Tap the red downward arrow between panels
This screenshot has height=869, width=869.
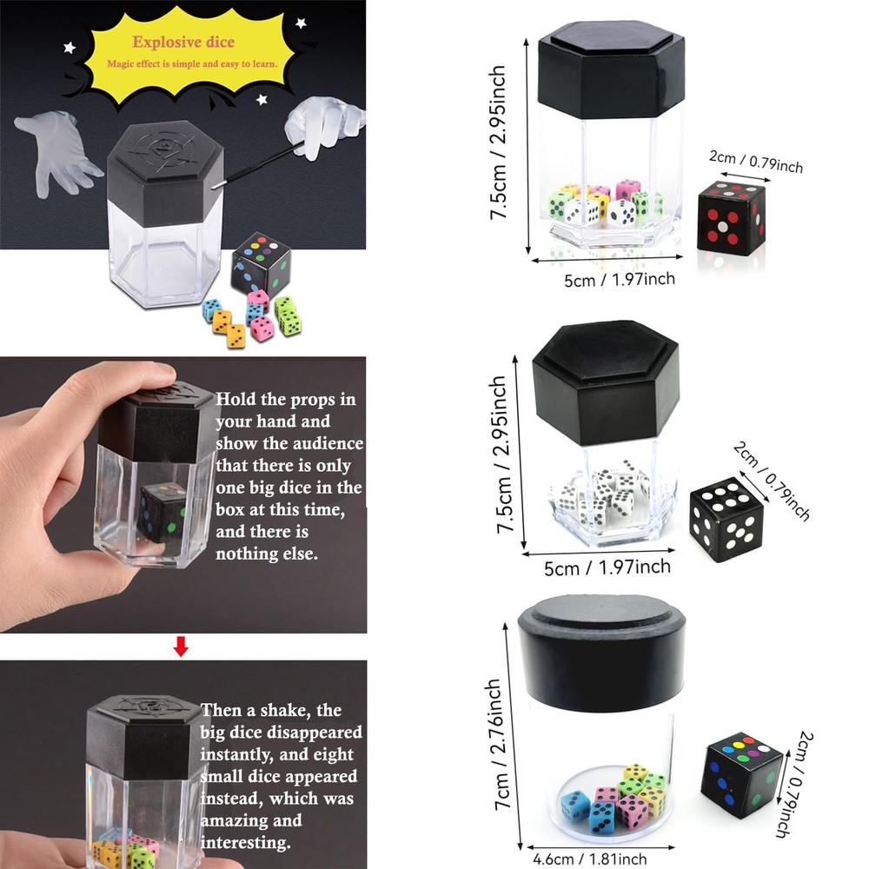click(181, 646)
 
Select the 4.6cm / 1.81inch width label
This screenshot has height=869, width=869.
click(589, 859)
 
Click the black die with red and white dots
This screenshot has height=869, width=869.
click(731, 218)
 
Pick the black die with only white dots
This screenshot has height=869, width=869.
click(726, 519)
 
